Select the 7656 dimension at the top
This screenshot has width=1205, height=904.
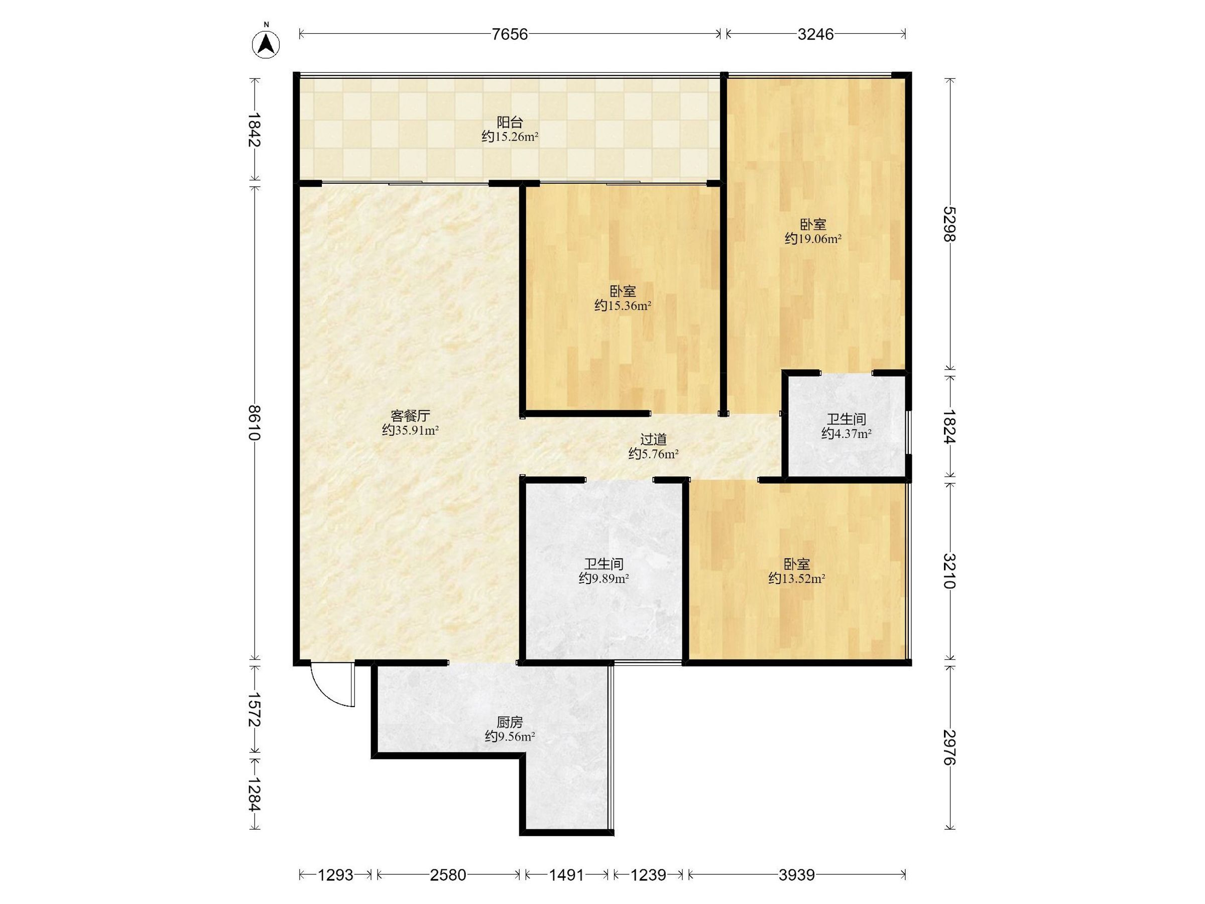510,34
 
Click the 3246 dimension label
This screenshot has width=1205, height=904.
815,34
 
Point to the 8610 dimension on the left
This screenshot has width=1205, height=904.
255,422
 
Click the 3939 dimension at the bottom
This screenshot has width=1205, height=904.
796,875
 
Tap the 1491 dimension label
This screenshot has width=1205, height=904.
566,875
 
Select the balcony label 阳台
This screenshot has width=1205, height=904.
510,122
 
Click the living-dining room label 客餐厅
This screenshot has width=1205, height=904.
410,416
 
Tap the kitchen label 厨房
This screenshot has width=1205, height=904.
510,723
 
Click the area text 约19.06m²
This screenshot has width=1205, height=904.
813,239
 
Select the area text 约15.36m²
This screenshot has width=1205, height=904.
623,306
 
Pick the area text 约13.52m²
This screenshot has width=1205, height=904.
796,579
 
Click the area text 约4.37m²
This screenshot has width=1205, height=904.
846,434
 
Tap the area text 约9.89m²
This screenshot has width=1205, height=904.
604,579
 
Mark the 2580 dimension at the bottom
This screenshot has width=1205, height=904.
448,875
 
